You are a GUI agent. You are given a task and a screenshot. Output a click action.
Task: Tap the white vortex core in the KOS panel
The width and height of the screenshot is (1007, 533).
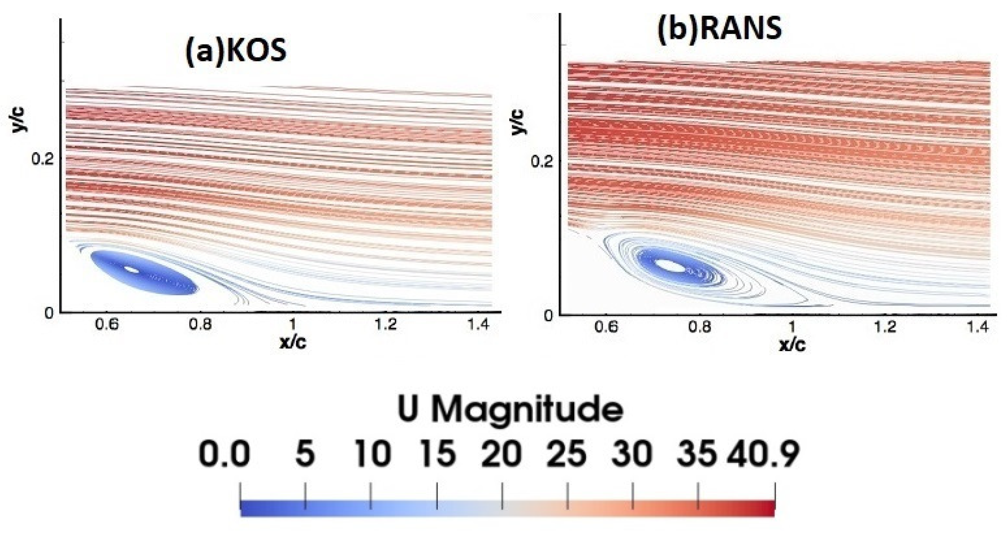[132, 269]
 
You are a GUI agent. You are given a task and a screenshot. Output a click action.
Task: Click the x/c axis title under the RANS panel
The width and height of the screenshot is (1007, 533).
[792, 345]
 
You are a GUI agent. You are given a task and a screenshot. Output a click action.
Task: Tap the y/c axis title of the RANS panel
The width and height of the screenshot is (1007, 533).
[518, 122]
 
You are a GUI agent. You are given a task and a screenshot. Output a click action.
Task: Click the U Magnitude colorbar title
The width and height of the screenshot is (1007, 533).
[510, 410]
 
